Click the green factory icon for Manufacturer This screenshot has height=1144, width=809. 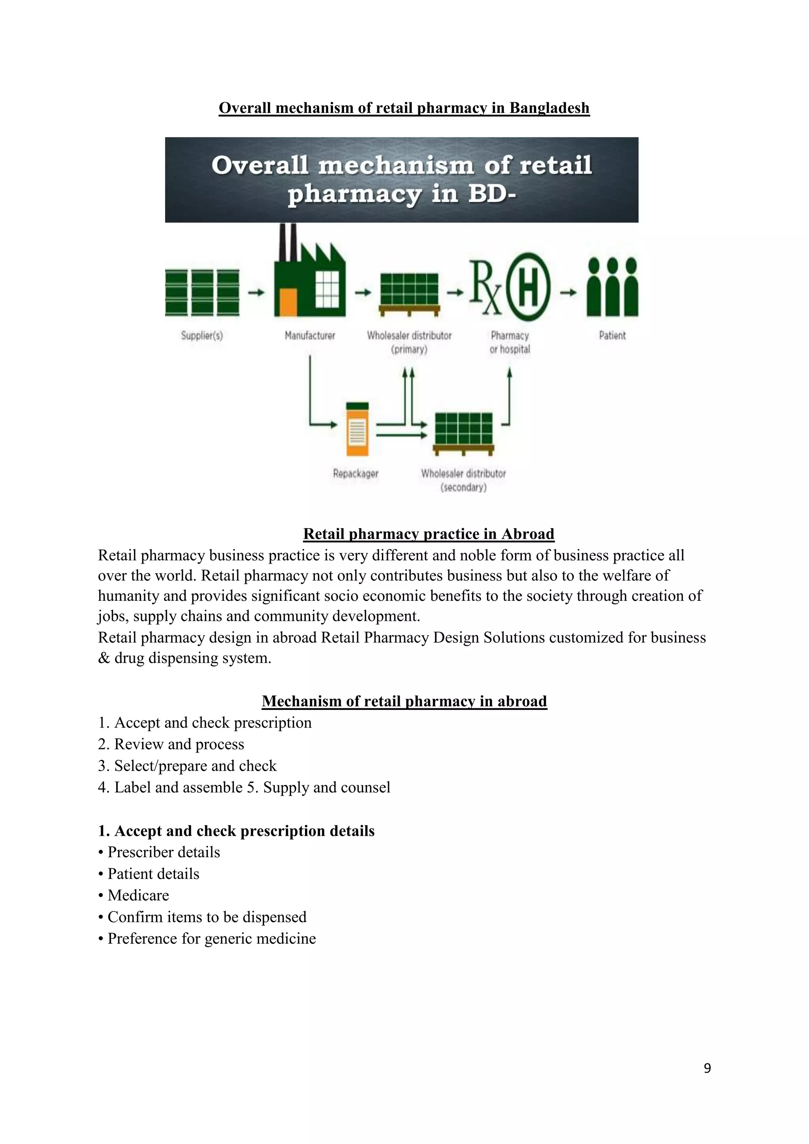tap(310, 279)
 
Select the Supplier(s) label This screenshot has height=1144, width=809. tap(202, 335)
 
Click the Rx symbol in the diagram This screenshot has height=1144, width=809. tap(486, 288)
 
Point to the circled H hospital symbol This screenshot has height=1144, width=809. tap(529, 288)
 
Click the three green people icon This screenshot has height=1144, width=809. tap(612, 287)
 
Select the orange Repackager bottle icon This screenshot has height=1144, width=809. tap(357, 429)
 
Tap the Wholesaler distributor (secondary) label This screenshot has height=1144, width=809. tap(463, 480)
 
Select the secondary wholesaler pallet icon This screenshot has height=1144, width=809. tap(464, 433)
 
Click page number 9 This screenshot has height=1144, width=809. tap(707, 1068)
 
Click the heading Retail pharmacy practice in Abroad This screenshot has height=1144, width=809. tap(429, 534)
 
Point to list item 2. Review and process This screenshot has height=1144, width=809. tap(171, 744)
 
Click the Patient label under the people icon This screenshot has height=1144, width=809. tap(612, 335)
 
